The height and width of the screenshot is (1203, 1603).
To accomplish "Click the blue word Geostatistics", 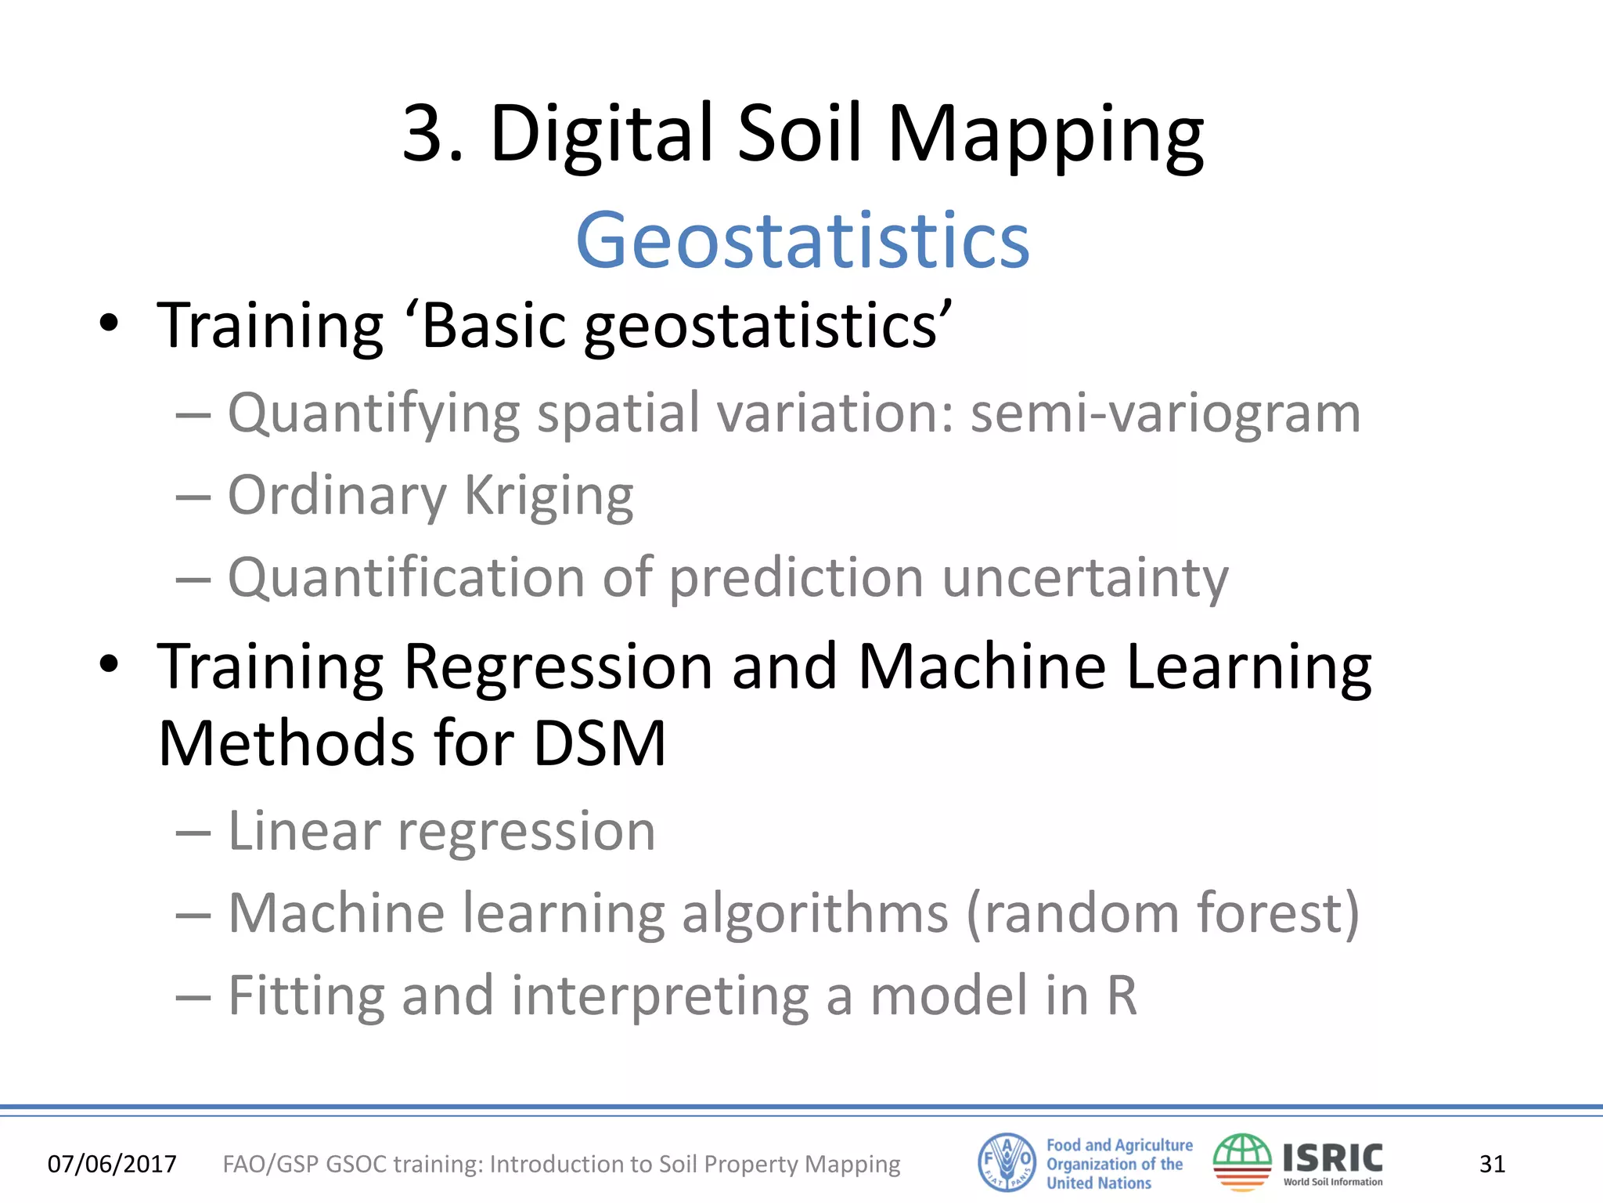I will pyautogui.click(x=802, y=240).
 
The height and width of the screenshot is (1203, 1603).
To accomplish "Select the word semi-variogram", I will pyautogui.click(x=1165, y=414).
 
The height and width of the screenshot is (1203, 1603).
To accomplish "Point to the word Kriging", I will pyautogui.click(x=548, y=497).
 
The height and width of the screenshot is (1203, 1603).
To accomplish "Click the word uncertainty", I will pyautogui.click(x=1085, y=578).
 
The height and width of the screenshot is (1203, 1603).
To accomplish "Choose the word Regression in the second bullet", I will pyautogui.click(x=557, y=667).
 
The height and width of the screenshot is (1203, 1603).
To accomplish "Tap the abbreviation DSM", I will pyautogui.click(x=599, y=742).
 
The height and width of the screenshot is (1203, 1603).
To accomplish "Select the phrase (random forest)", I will pyautogui.click(x=1163, y=913).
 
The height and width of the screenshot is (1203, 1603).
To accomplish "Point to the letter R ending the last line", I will pyautogui.click(x=1121, y=995).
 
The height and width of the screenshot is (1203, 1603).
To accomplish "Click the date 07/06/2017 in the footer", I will pyautogui.click(x=112, y=1164).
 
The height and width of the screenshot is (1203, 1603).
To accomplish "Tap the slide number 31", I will pyautogui.click(x=1492, y=1164).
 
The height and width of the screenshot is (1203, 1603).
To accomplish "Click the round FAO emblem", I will pyautogui.click(x=1007, y=1162).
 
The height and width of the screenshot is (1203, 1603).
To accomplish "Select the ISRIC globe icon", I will pyautogui.click(x=1242, y=1162).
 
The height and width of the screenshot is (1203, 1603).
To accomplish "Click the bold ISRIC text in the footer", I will pyautogui.click(x=1332, y=1158).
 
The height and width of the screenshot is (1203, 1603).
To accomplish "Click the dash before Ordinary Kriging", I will pyautogui.click(x=193, y=497).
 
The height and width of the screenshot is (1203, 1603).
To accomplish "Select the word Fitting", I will pyautogui.click(x=306, y=996).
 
